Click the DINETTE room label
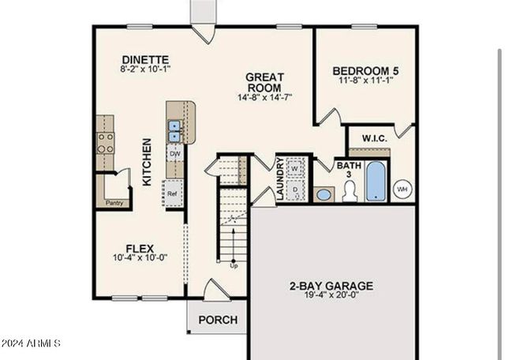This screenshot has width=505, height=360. click(146, 59)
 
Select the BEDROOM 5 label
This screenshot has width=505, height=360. click(365, 71)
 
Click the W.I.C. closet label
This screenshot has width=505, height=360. click(374, 138)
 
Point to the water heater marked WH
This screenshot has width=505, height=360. click(402, 189)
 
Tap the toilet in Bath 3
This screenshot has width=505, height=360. click(348, 190)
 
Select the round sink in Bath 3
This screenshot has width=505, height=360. click(324, 193)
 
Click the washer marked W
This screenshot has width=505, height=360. click(294, 168)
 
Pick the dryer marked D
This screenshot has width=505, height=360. click(294, 189)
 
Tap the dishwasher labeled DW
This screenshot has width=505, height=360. click(174, 154)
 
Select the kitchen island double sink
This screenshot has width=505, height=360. click(174, 130)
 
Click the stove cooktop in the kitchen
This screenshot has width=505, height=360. click(105, 142)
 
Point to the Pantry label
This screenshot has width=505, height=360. click(114, 203)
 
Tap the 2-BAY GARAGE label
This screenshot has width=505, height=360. click(331, 286)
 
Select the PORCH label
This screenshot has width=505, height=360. click(217, 320)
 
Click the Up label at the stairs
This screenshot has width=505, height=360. click(234, 265)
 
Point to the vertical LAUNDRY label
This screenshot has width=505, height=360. click(279, 178)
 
